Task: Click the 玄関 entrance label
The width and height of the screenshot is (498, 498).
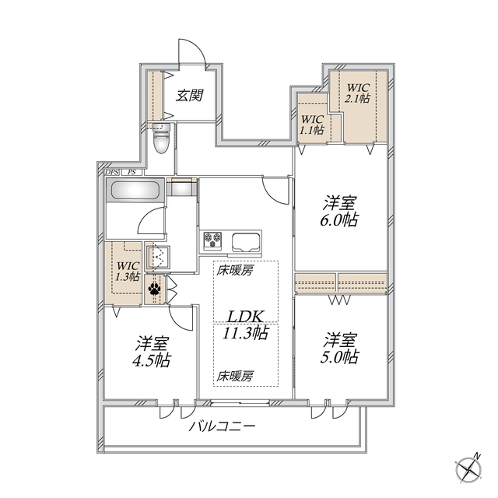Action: click(189, 96)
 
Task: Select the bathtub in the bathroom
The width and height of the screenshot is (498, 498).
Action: click(135, 191)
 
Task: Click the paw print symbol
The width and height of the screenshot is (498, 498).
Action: click(154, 289)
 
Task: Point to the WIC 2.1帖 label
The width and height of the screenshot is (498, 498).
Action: click(359, 93)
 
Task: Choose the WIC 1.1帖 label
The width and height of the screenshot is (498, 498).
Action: click(312, 124)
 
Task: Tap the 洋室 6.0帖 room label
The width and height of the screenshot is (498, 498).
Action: click(341, 211)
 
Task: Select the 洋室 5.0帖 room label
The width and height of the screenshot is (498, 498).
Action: click(341, 349)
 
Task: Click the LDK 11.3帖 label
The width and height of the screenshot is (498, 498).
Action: click(247, 324)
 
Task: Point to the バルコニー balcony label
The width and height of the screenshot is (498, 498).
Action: click(223, 427)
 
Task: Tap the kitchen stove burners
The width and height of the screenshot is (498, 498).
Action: click(213, 239)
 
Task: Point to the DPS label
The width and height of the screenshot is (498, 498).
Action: click(112, 172)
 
